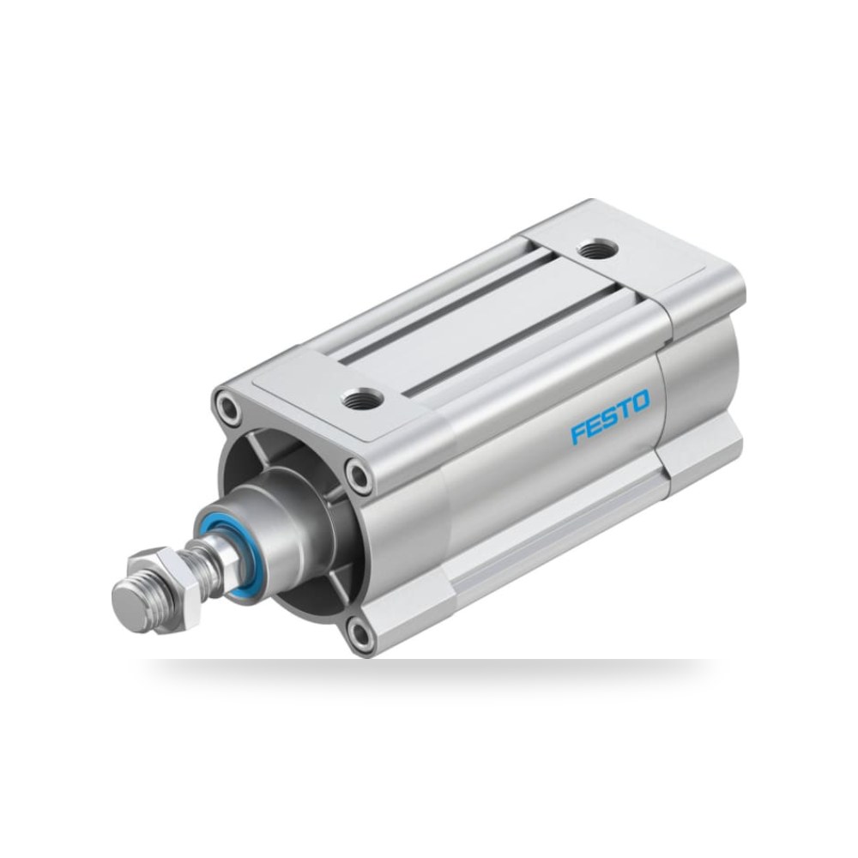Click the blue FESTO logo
[610, 416]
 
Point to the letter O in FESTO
[640, 401]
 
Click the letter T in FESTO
[625, 408]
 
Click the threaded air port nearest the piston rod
[360, 396]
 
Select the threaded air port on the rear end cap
[598, 249]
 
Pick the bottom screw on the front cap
[361, 635]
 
